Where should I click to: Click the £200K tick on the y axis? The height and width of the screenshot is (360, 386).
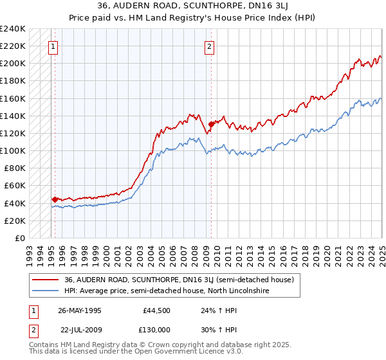(x=13, y=64)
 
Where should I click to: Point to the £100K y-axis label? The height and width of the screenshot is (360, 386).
(x=13, y=150)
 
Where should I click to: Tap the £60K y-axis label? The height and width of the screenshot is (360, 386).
(x=15, y=186)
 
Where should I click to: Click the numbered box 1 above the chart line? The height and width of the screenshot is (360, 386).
(x=52, y=46)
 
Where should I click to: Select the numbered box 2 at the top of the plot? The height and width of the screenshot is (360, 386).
(x=210, y=46)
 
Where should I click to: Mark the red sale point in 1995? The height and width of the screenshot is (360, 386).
(x=55, y=199)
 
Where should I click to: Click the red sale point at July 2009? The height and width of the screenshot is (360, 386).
(x=210, y=125)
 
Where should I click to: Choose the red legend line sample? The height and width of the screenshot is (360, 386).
(x=45, y=280)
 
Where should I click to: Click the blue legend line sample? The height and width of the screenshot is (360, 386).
(x=45, y=291)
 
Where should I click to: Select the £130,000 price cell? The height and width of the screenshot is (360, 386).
(x=156, y=329)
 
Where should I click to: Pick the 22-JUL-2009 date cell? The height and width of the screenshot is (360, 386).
(x=80, y=329)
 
